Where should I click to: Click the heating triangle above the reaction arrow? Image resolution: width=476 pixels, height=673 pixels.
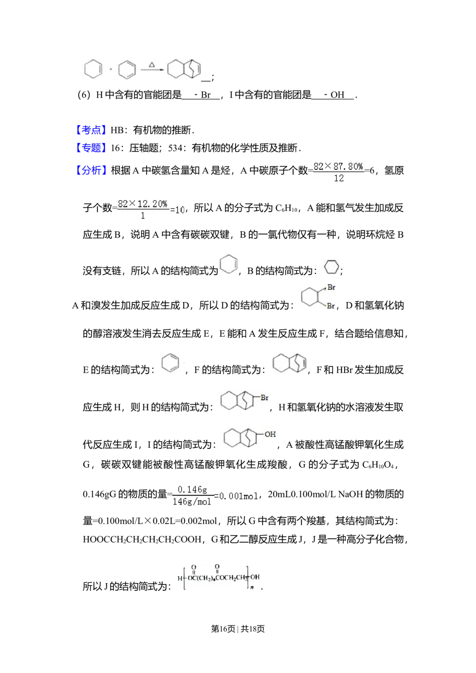tap(152, 64)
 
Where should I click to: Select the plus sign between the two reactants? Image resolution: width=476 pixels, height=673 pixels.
tap(111, 70)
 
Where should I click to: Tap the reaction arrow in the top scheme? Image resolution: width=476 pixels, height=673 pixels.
tap(152, 70)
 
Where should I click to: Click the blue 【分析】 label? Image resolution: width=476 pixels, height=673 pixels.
tap(91, 169)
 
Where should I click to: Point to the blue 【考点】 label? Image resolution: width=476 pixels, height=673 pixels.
tap(91, 129)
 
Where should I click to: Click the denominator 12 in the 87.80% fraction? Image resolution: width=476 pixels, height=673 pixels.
tap(338, 178)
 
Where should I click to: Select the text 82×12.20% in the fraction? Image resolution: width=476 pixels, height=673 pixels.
tap(142, 204)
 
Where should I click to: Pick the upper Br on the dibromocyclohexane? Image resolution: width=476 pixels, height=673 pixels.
tap(331, 287)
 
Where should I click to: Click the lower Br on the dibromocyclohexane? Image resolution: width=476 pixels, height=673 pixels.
tap(331, 306)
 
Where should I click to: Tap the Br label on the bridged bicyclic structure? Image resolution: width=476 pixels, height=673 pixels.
tap(265, 397)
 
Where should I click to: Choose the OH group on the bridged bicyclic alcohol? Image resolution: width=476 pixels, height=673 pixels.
tap(270, 434)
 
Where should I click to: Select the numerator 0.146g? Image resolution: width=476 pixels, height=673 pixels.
tap(192, 489)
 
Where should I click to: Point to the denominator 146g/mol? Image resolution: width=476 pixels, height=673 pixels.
tap(192, 502)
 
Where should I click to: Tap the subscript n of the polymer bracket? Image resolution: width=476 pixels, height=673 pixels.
tap(252, 588)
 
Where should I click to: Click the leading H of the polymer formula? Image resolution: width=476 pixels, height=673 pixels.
tap(179, 579)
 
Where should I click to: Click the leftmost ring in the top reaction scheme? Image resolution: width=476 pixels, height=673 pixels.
tap(93, 70)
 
